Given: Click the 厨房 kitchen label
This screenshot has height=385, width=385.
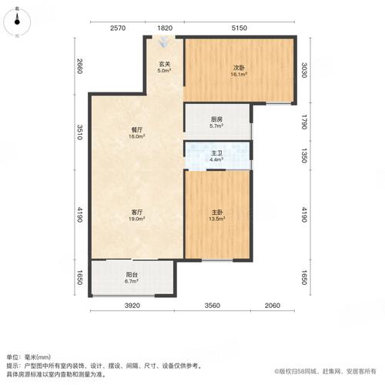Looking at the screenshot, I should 216,121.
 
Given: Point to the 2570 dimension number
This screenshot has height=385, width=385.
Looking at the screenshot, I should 117,28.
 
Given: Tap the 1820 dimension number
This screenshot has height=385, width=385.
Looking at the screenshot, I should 166,28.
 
